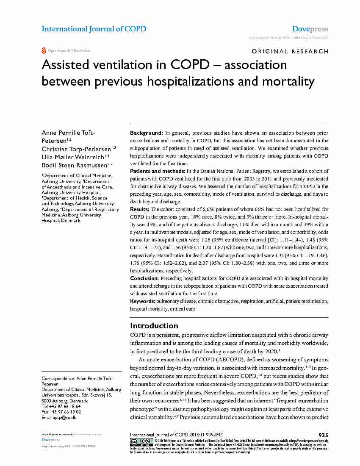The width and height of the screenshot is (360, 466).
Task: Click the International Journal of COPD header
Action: pos(94,29)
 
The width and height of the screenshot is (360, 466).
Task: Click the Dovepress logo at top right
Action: pos(310,29)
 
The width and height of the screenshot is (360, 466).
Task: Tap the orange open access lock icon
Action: pos(44,50)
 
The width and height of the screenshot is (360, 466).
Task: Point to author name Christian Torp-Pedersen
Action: pos(76,149)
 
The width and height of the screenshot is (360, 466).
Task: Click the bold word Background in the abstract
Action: pos(146,133)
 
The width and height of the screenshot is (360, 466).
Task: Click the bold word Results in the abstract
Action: pos(140,209)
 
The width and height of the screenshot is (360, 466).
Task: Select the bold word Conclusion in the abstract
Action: pos(144,278)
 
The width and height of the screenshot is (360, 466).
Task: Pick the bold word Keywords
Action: pos(142,301)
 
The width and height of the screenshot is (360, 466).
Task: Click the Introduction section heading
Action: pos(154,326)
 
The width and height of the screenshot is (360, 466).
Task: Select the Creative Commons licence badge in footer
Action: pos(141,441)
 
